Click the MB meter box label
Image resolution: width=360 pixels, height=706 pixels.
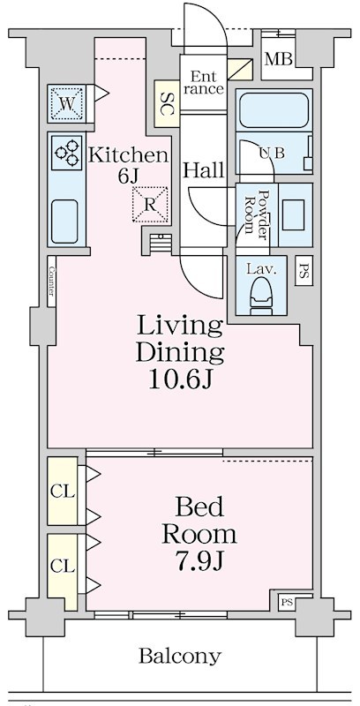pyautogui.click(x=278, y=59)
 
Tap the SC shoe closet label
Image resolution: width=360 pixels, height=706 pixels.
pyautogui.click(x=168, y=103)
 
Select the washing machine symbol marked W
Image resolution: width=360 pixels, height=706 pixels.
pyautogui.click(x=65, y=103)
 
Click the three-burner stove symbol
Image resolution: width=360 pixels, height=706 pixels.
pyautogui.click(x=66, y=153)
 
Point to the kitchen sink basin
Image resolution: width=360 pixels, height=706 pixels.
pyautogui.click(x=64, y=222)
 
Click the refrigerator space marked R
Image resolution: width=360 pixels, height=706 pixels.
pyautogui.click(x=150, y=205)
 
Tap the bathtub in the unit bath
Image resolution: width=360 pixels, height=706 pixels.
pyautogui.click(x=274, y=110)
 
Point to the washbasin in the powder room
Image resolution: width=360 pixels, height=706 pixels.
pyautogui.click(x=296, y=214)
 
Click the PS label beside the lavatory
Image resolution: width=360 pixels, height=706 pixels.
pyautogui.click(x=304, y=270)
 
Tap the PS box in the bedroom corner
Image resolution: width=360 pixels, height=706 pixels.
pyautogui.click(x=286, y=602)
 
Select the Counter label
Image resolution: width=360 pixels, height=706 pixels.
pyautogui.click(x=51, y=282)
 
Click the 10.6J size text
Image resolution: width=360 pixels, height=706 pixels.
pyautogui.click(x=180, y=379)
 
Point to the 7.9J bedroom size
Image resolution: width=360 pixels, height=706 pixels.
pyautogui.click(x=199, y=561)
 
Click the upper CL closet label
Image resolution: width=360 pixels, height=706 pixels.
pyautogui.click(x=62, y=492)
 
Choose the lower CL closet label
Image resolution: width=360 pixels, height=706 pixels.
pyautogui.click(x=62, y=567)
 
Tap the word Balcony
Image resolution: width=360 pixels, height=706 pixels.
pyautogui.click(x=179, y=657)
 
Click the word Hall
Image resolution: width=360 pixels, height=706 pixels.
pyautogui.click(x=204, y=170)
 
